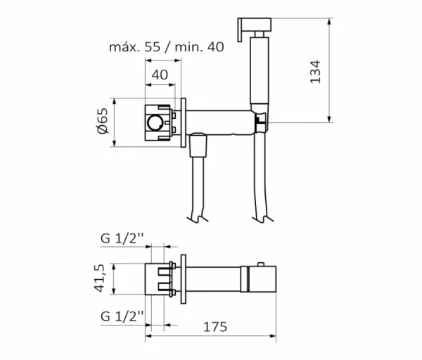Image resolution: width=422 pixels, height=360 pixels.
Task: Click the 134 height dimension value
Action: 315,72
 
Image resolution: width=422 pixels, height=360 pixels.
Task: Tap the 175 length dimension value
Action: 215,327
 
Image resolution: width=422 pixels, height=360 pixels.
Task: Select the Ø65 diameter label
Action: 103,121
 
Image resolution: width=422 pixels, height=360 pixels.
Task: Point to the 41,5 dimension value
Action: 98,278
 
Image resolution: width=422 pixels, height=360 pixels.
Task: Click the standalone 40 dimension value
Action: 160,75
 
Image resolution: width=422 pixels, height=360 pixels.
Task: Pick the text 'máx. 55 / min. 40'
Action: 166,47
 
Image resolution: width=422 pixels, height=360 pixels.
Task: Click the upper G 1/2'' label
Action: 122,238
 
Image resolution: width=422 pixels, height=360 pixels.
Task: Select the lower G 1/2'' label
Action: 122,316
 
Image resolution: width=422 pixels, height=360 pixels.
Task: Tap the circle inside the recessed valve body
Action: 155,122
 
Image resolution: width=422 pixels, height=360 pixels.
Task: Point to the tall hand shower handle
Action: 259,70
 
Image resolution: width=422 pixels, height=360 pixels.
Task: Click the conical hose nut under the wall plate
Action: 198,146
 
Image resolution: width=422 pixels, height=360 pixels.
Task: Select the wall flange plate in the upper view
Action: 184,122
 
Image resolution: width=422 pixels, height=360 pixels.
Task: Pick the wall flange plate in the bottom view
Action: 184,278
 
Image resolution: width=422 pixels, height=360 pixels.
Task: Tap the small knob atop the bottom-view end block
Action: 261,264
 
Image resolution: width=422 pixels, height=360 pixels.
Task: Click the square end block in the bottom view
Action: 262,279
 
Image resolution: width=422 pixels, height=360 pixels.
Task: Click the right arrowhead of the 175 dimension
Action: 273,336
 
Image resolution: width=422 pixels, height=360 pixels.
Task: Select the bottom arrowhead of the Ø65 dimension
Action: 115,143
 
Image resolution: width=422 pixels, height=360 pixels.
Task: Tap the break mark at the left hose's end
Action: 198,218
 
